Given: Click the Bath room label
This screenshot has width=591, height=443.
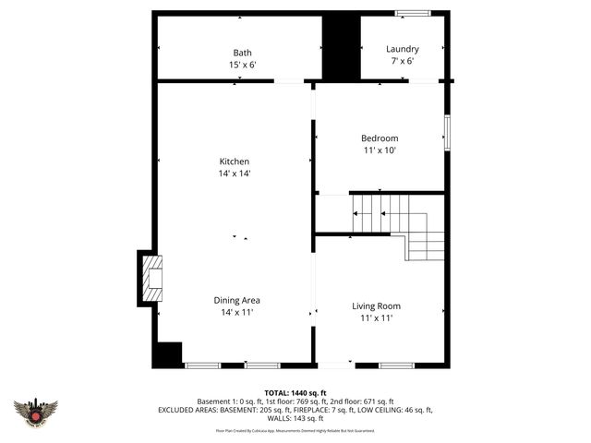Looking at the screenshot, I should [x=242, y=53].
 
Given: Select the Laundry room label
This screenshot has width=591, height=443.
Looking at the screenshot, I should [x=402, y=49].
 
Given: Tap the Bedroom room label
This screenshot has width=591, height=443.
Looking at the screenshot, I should [x=379, y=138].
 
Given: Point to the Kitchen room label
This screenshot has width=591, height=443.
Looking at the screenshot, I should [x=234, y=162].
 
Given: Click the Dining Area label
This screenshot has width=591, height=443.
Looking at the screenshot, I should [x=236, y=300].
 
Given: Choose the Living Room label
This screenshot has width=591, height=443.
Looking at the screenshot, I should [x=376, y=305].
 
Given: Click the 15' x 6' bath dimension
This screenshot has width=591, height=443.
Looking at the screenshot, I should [x=242, y=65].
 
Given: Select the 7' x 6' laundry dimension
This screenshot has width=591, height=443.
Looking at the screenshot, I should [x=402, y=61].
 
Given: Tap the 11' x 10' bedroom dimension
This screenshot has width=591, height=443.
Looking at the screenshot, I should [x=379, y=150].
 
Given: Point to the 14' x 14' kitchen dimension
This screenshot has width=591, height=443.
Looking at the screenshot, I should [x=234, y=174].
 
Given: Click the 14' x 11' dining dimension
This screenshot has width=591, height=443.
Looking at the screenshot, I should [x=236, y=313].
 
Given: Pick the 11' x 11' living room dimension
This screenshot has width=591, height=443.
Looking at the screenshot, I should [x=376, y=318].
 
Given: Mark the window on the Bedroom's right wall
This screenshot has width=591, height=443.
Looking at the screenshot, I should [x=447, y=132].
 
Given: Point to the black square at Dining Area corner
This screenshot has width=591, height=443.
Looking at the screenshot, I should [x=168, y=354].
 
